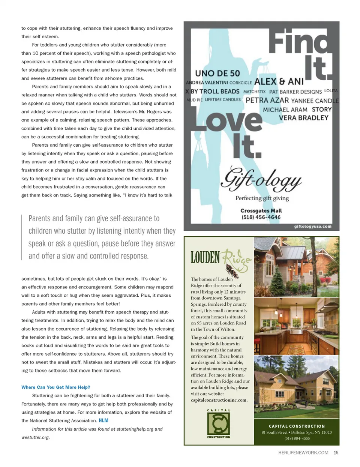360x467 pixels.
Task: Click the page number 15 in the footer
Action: coord(336,453)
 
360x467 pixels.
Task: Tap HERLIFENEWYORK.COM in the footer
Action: coord(303,453)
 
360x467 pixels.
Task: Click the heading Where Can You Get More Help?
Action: coord(56,387)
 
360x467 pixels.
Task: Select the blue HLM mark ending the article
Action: coord(103,420)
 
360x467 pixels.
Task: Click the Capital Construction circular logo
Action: coord(219,423)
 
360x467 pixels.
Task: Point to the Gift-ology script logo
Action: coord(261,179)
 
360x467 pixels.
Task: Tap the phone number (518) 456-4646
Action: coord(261,217)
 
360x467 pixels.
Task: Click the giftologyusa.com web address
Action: coord(313,226)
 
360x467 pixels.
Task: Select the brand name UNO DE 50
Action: coord(217,74)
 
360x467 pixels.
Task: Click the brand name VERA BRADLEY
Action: coord(303,118)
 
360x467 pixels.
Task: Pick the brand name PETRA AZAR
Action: coord(267,101)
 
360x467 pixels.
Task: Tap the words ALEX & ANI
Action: coord(279,82)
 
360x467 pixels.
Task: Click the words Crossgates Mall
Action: coord(261,211)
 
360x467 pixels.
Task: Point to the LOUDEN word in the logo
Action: coord(205,258)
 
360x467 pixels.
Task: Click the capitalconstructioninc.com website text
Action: coord(219,400)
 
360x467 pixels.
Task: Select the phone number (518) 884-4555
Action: coord(297,438)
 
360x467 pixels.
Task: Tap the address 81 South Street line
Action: coord(297,432)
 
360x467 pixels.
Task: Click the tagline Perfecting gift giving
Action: coord(262,198)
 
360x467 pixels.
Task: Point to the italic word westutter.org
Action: coord(35,437)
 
